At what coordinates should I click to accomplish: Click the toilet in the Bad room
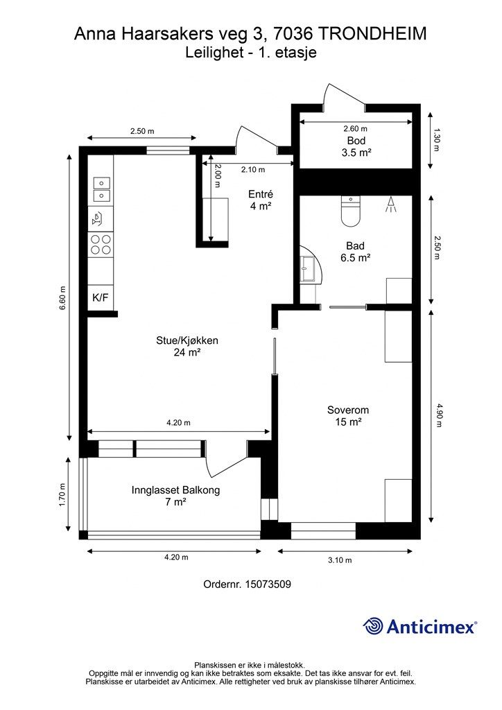(350, 211)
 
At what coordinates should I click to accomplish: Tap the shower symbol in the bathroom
(391, 205)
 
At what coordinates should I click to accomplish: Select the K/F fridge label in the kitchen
(100, 297)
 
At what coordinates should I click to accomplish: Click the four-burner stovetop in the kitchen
(101, 244)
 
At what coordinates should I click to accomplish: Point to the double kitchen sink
(101, 189)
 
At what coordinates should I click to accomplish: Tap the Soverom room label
(347, 410)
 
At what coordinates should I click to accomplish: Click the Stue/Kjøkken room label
(187, 340)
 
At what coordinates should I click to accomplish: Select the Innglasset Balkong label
(175, 490)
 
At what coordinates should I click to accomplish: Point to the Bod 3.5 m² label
(356, 147)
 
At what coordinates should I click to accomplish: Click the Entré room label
(261, 194)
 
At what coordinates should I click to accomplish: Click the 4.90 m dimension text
(438, 415)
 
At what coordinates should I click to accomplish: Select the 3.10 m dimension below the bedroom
(340, 560)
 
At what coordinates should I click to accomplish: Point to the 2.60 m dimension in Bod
(355, 128)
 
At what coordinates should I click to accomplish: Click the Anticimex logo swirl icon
(374, 626)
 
